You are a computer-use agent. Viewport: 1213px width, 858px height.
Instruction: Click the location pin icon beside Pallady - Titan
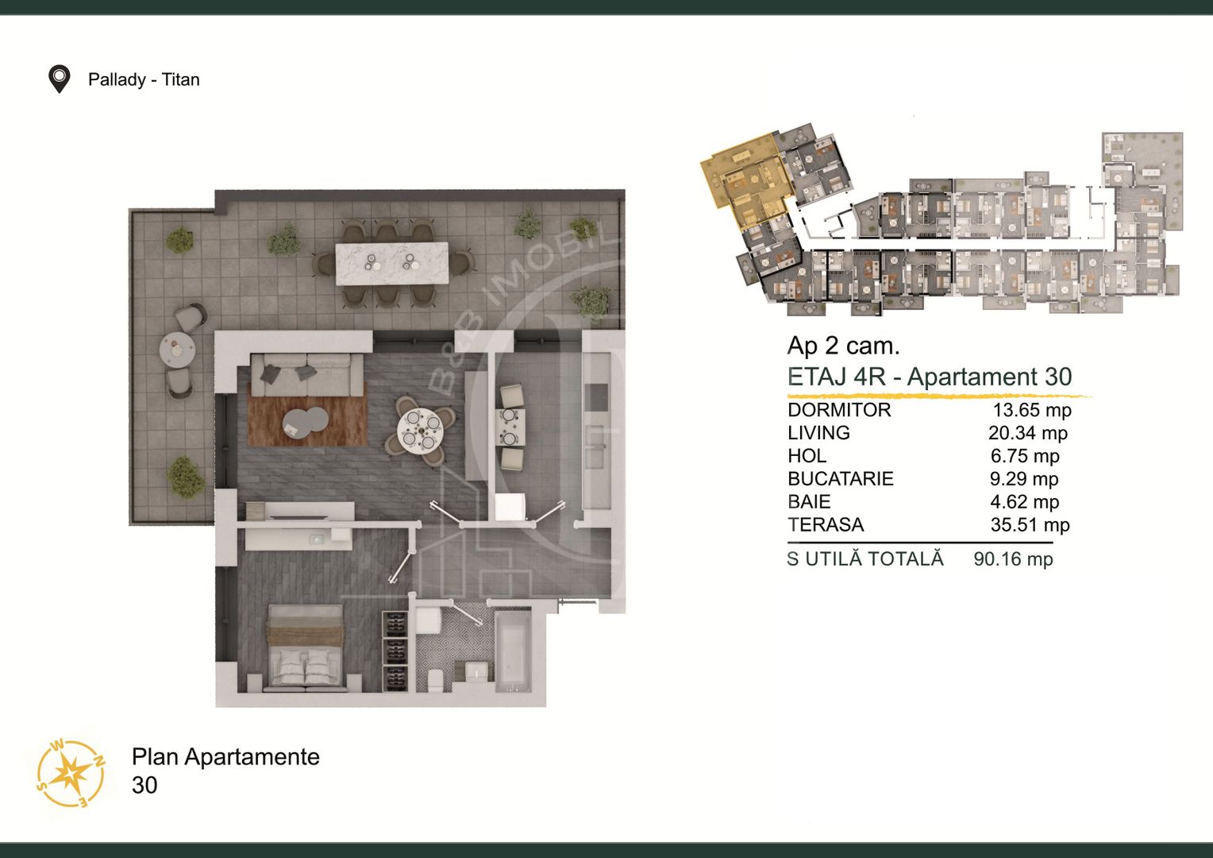coord(59,79)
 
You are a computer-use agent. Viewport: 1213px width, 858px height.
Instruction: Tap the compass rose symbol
coord(71,773)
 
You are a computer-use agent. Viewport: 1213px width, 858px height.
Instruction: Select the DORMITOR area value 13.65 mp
coord(1032,410)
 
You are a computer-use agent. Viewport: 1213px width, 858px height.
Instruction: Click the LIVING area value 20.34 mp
coord(1028,433)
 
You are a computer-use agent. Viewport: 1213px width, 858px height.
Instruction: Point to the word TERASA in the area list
coord(826,524)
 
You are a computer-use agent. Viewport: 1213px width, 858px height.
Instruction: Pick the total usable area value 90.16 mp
coord(1013,558)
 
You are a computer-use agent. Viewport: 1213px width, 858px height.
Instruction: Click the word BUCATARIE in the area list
coord(841,478)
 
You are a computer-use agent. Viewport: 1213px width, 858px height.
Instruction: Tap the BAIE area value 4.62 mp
coord(1025,502)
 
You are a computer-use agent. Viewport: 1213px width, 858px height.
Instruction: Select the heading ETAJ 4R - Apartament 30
coord(930,377)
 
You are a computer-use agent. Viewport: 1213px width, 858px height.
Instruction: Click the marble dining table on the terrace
coord(392,264)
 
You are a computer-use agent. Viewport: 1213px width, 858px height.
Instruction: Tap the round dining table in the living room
coord(420,431)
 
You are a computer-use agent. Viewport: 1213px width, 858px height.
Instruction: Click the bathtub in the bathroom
coord(513,652)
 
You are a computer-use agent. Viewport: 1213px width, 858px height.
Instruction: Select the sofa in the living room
coord(307,374)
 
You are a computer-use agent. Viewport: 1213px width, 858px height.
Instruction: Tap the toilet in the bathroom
coord(435,680)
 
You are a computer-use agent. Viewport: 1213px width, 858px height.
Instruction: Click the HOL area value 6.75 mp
coord(1025,456)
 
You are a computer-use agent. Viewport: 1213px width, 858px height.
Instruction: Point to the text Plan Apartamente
coord(225,757)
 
